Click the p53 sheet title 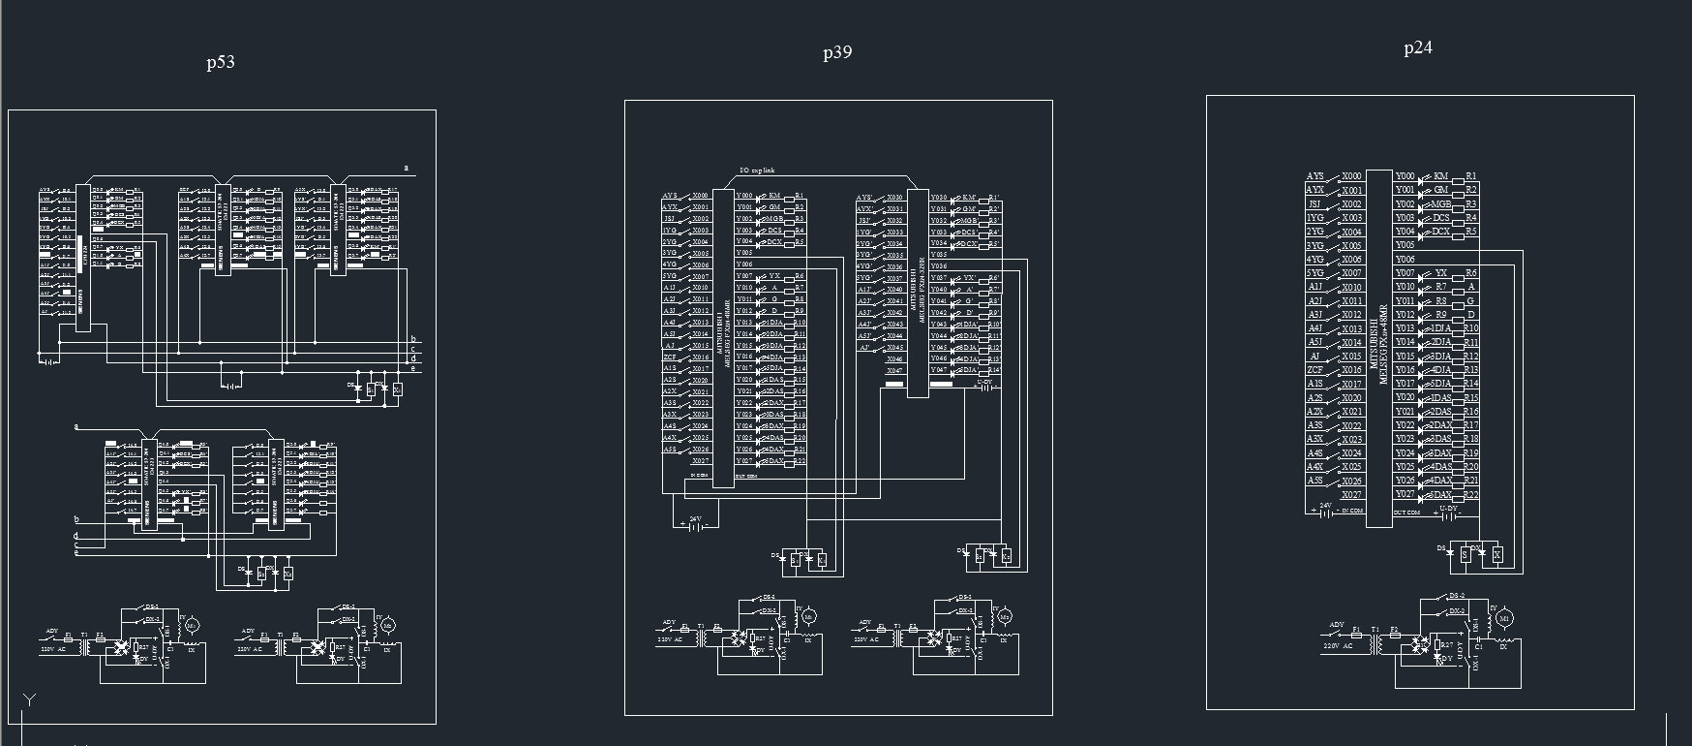[221, 62]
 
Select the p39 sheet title [837, 52]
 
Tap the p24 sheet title [1418, 47]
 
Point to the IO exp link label [757, 171]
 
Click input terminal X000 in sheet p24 [1351, 176]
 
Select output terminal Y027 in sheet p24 [1405, 495]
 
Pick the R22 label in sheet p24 [1471, 495]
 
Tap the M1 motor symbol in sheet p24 [1504, 618]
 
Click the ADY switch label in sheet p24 [1337, 625]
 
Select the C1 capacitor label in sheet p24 [1479, 646]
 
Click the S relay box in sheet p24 [1465, 555]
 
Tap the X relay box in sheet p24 [1496, 555]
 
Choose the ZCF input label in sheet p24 [1314, 370]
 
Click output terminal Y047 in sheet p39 [938, 370]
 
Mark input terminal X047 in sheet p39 [894, 371]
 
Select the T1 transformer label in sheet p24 [1375, 630]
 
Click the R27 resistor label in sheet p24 [1447, 645]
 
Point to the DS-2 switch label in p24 [1457, 596]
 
